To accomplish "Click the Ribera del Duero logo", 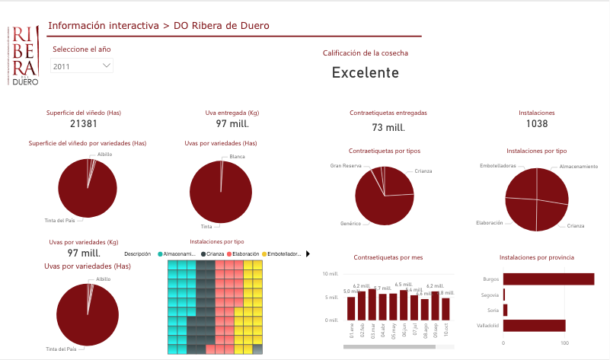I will (24, 54).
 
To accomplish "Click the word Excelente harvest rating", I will (366, 73).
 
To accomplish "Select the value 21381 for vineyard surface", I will (84, 123).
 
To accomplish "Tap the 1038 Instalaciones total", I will (537, 123).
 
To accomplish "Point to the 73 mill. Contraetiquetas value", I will (388, 127).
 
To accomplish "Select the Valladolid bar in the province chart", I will (534, 325).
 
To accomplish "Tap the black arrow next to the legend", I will (308, 253).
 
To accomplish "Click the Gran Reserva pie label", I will (347, 165).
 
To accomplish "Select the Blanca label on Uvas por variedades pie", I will (238, 157).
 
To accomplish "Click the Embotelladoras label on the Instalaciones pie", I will (498, 165).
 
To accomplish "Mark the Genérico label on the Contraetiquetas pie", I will (355, 225).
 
